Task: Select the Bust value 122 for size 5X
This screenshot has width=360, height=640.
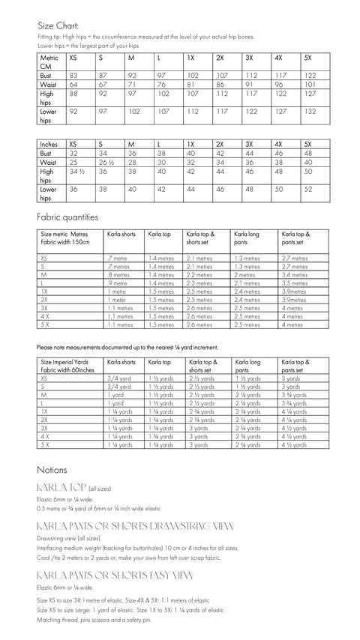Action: tap(310, 76)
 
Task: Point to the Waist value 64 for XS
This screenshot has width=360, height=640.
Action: tap(73, 85)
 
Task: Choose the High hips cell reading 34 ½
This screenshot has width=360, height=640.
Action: tap(76, 172)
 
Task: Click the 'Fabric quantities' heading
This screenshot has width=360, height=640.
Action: tap(67, 217)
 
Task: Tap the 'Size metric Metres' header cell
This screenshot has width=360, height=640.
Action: tap(64, 234)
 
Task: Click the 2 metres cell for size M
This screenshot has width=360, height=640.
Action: tap(245, 275)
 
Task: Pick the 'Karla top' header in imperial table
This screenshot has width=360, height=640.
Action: tap(160, 360)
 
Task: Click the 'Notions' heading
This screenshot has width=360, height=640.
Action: tap(52, 470)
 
